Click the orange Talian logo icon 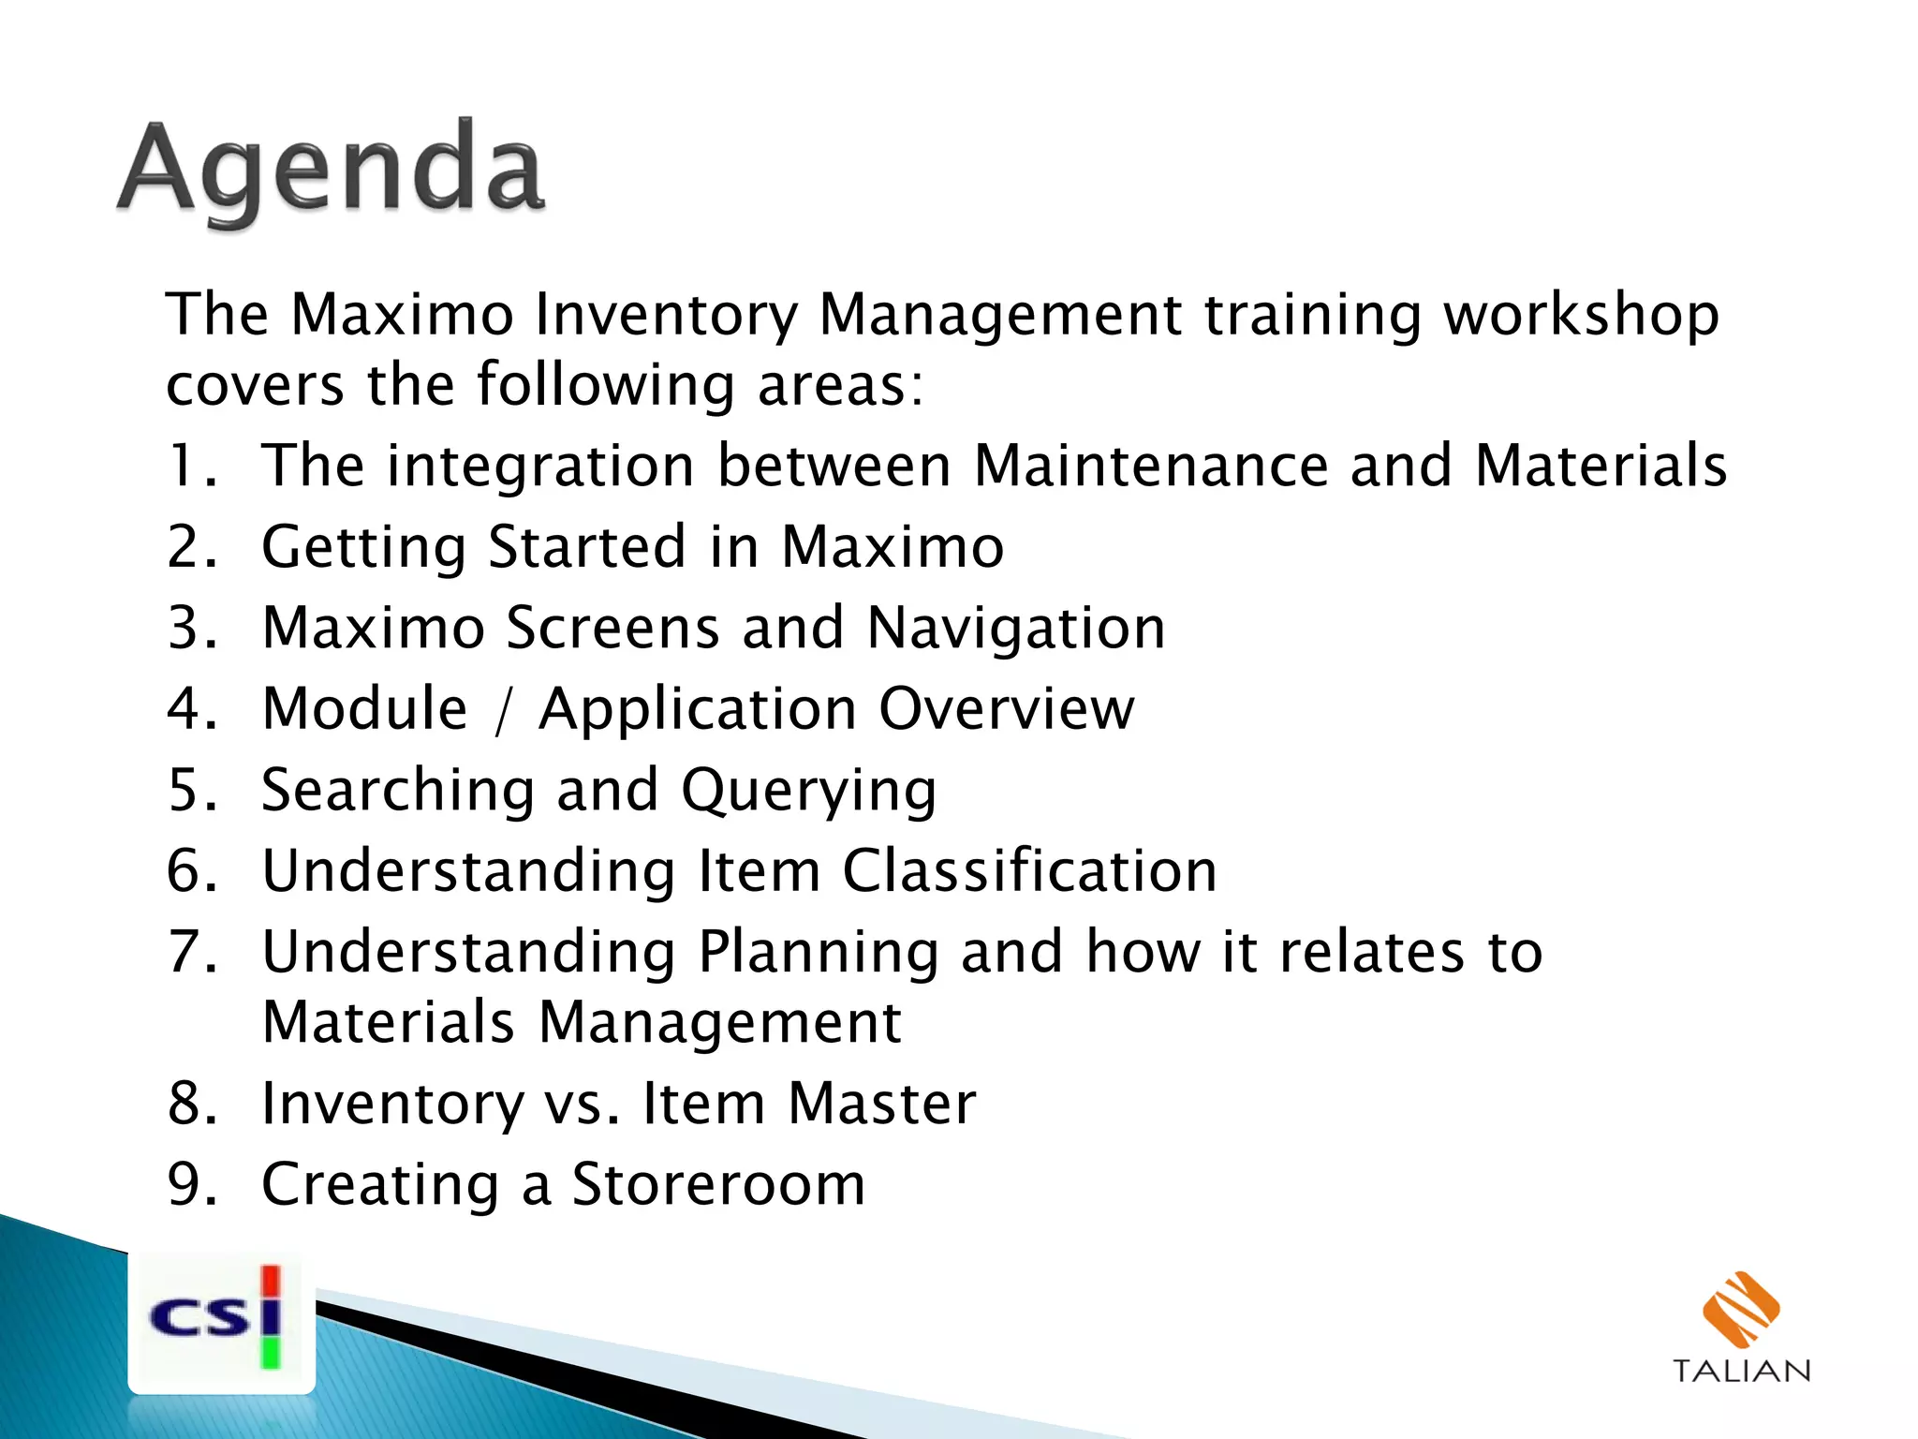[x=1740, y=1310]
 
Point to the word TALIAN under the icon [x=1741, y=1372]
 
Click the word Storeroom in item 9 [x=718, y=1184]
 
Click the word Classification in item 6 [x=1029, y=870]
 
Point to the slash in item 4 [x=504, y=709]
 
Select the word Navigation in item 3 [x=1016, y=628]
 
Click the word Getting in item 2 [x=363, y=547]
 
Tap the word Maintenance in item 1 [x=1151, y=466]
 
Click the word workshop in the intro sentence [x=1581, y=315]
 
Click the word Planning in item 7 [x=818, y=952]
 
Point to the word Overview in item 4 [x=1007, y=709]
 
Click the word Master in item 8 [x=881, y=1104]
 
